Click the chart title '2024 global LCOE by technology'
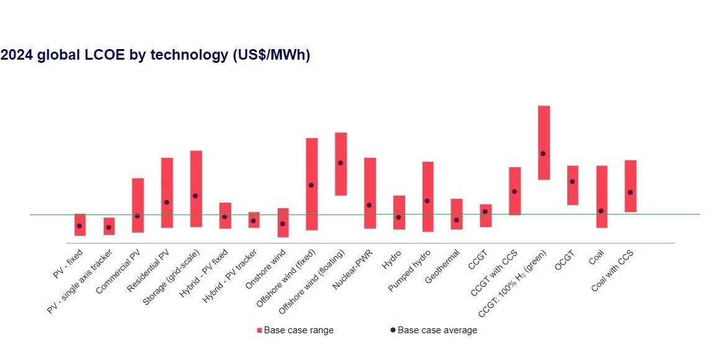point(155,55)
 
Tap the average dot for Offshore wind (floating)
point(341,163)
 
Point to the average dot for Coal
point(601,211)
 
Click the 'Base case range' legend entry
point(295,330)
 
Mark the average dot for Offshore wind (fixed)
point(311,185)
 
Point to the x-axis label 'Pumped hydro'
point(410,269)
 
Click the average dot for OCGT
point(572,182)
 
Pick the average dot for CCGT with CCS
point(514,192)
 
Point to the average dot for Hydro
point(398,217)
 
